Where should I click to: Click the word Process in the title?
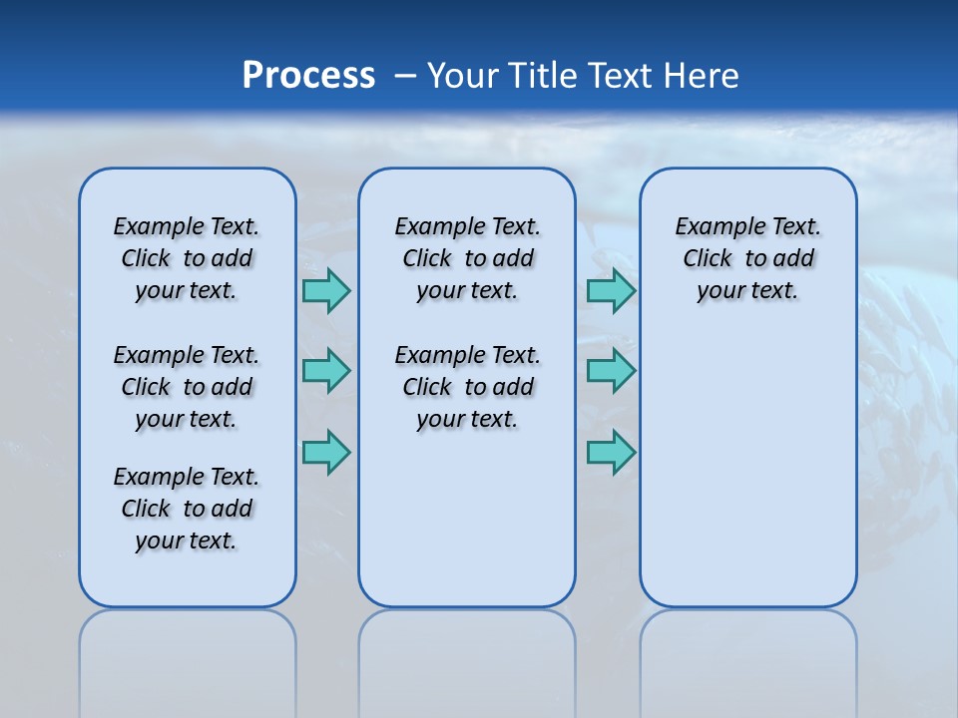coord(308,75)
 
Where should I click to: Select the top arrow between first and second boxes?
coord(326,290)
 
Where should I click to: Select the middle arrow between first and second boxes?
coord(326,371)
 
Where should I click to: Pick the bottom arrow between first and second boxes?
coord(326,453)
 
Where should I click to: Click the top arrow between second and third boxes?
coord(611,290)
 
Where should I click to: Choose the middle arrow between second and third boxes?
coord(611,371)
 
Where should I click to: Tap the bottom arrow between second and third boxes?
coord(611,453)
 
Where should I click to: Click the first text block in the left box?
coord(187,258)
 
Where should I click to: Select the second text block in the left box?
coord(187,387)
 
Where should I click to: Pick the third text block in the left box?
coord(187,509)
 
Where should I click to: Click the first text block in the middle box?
coord(467,258)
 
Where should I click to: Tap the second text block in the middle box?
coord(467,387)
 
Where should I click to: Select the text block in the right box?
coord(747,258)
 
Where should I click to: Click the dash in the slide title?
coord(405,76)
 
